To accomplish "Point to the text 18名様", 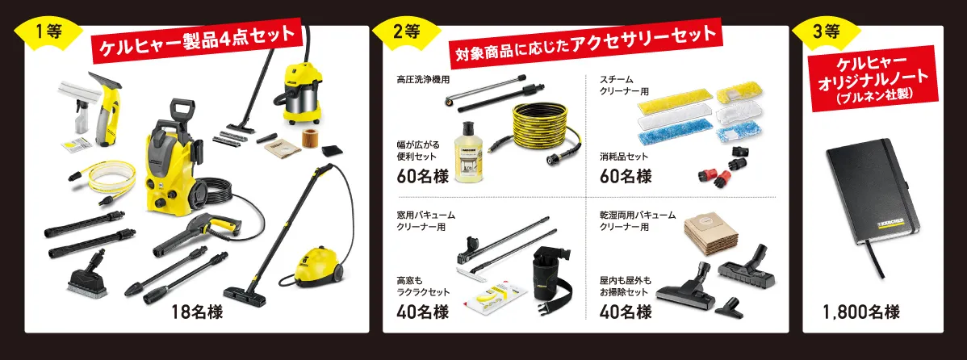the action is coord(198,311).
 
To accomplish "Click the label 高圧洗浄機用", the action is coord(423,79).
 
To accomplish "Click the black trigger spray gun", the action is coord(194,232).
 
